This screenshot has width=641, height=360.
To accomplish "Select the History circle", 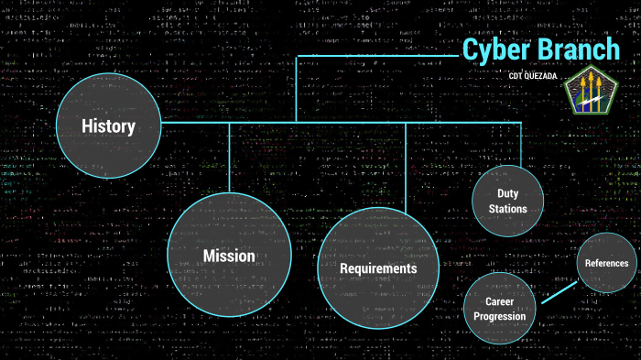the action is [108, 126].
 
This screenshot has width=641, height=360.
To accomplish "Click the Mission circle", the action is [229, 255].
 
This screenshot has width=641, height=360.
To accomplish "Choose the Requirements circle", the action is [377, 268].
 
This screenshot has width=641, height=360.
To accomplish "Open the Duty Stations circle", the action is [507, 202].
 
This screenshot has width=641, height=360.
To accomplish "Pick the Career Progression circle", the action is [499, 309].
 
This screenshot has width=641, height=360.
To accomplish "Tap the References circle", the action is [606, 263].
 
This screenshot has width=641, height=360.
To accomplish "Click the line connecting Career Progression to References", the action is [559, 291].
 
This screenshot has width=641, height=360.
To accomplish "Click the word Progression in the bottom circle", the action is [499, 317].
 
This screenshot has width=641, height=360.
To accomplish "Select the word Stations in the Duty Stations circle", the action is [507, 209].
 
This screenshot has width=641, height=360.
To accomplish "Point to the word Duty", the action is [507, 193].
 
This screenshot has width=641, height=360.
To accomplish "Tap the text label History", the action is [108, 126].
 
